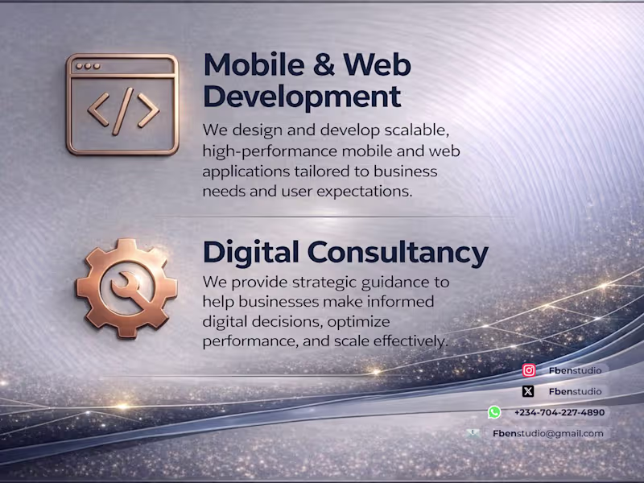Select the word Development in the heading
pyautogui.click(x=302, y=97)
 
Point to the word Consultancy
pyautogui.click(x=398, y=253)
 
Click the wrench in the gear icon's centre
pyautogui.click(x=126, y=287)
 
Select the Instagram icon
pyautogui.click(x=529, y=370)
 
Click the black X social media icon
pyautogui.click(x=528, y=391)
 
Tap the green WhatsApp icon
pyautogui.click(x=494, y=412)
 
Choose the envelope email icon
pyautogui.click(x=473, y=433)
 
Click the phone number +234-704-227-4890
pyautogui.click(x=559, y=412)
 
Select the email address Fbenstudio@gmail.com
pyautogui.click(x=547, y=433)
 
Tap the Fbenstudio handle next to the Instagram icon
pyautogui.click(x=575, y=370)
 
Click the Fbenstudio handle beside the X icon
pyautogui.click(x=575, y=391)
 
